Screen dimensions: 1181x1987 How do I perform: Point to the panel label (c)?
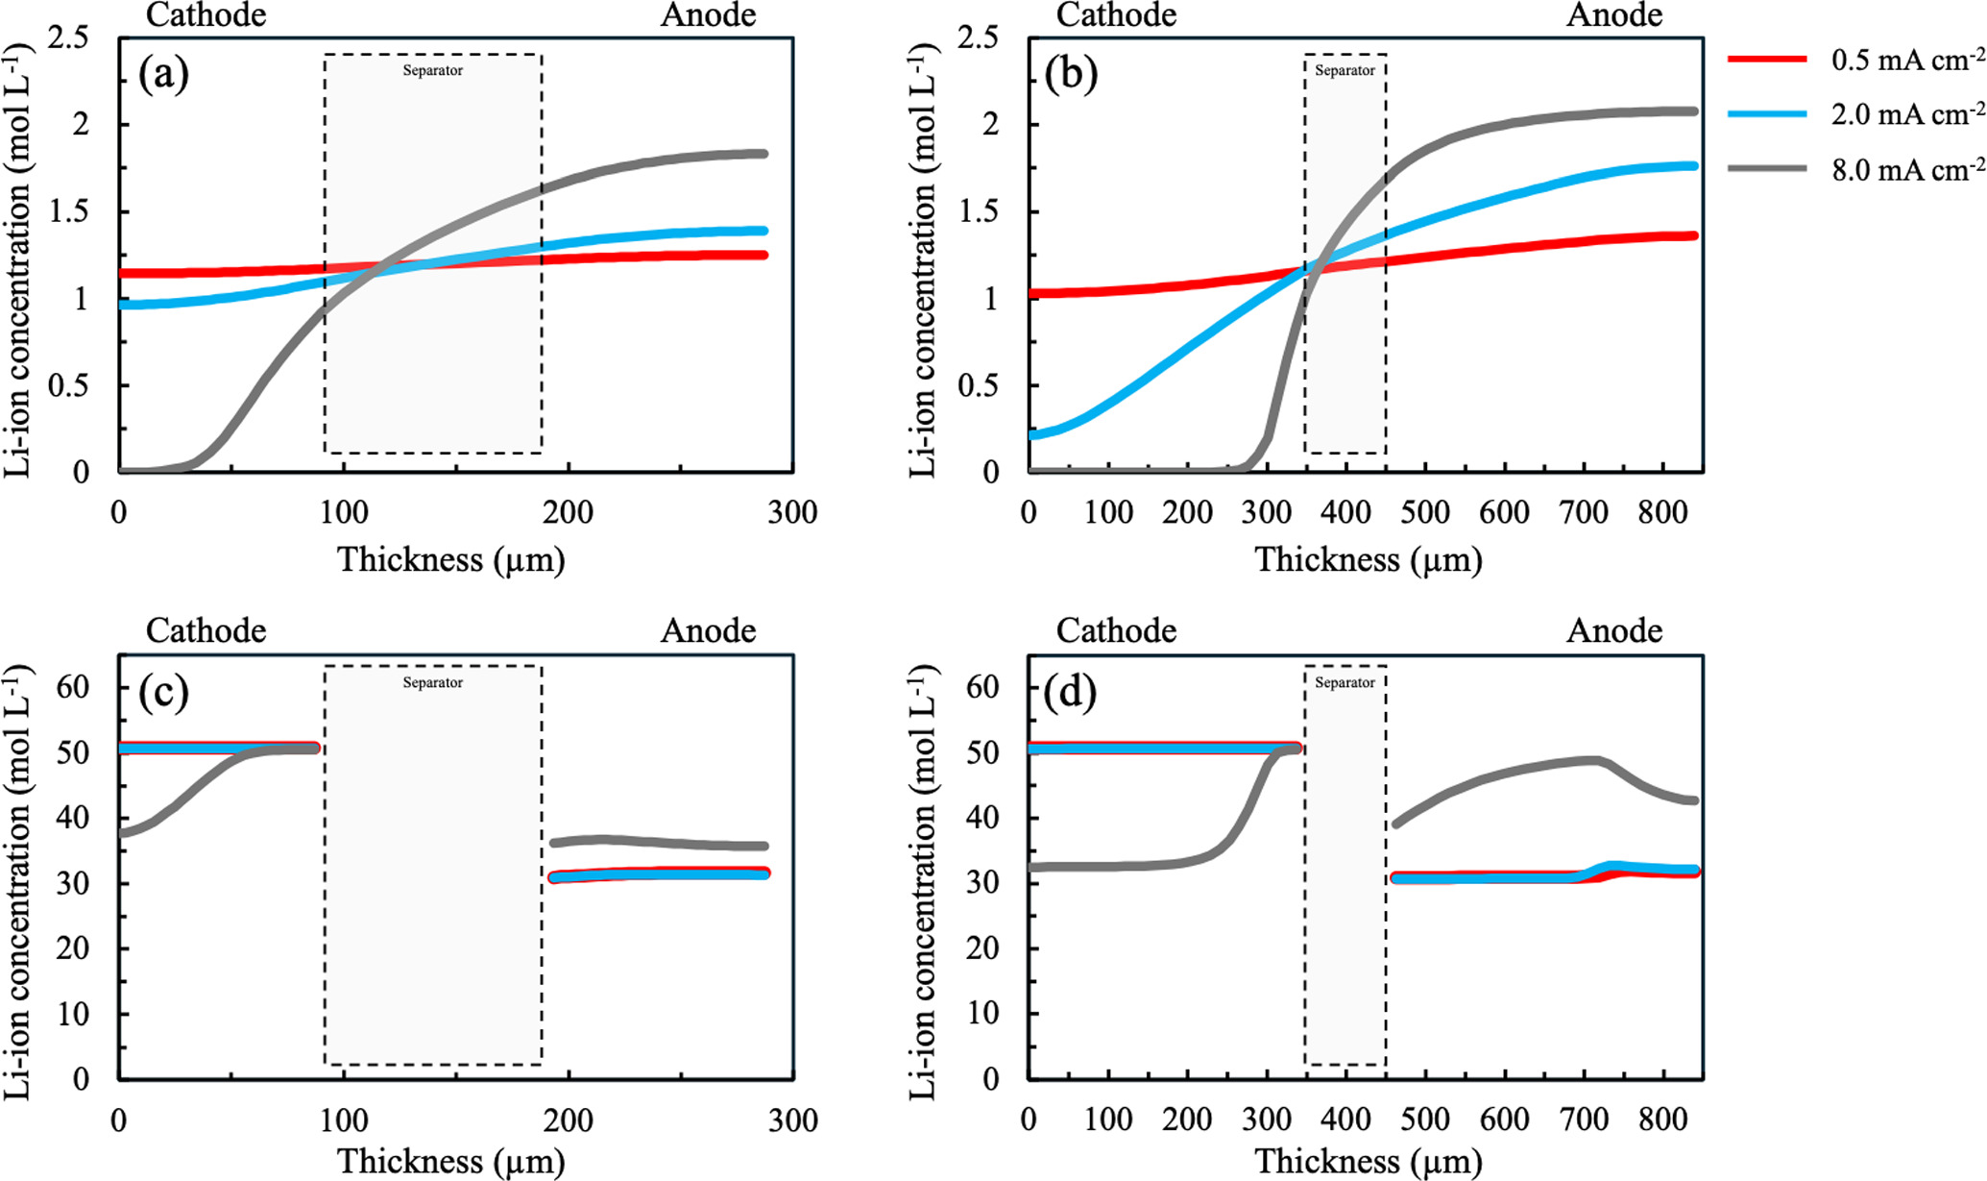click(163, 692)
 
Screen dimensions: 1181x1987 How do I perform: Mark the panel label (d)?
click(1071, 692)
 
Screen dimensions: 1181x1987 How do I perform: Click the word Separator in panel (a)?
click(432, 70)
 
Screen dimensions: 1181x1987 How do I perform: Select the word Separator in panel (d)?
click(1345, 682)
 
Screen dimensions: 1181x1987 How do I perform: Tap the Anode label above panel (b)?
click(1614, 15)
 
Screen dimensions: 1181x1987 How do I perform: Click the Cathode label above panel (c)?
click(206, 630)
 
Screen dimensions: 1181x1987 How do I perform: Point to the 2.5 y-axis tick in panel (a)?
click(68, 38)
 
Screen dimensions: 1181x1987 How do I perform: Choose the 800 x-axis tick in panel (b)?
click(1662, 512)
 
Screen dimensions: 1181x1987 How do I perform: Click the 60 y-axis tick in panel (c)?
click(73, 687)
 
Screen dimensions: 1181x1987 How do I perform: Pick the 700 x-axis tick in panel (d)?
click(1583, 1119)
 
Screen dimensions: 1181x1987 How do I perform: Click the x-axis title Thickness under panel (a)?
click(450, 559)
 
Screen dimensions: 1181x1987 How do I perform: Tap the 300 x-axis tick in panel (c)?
click(793, 1119)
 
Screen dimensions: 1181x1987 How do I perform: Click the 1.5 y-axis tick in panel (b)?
click(980, 212)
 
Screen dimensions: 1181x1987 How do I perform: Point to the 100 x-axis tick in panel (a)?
click(344, 512)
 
